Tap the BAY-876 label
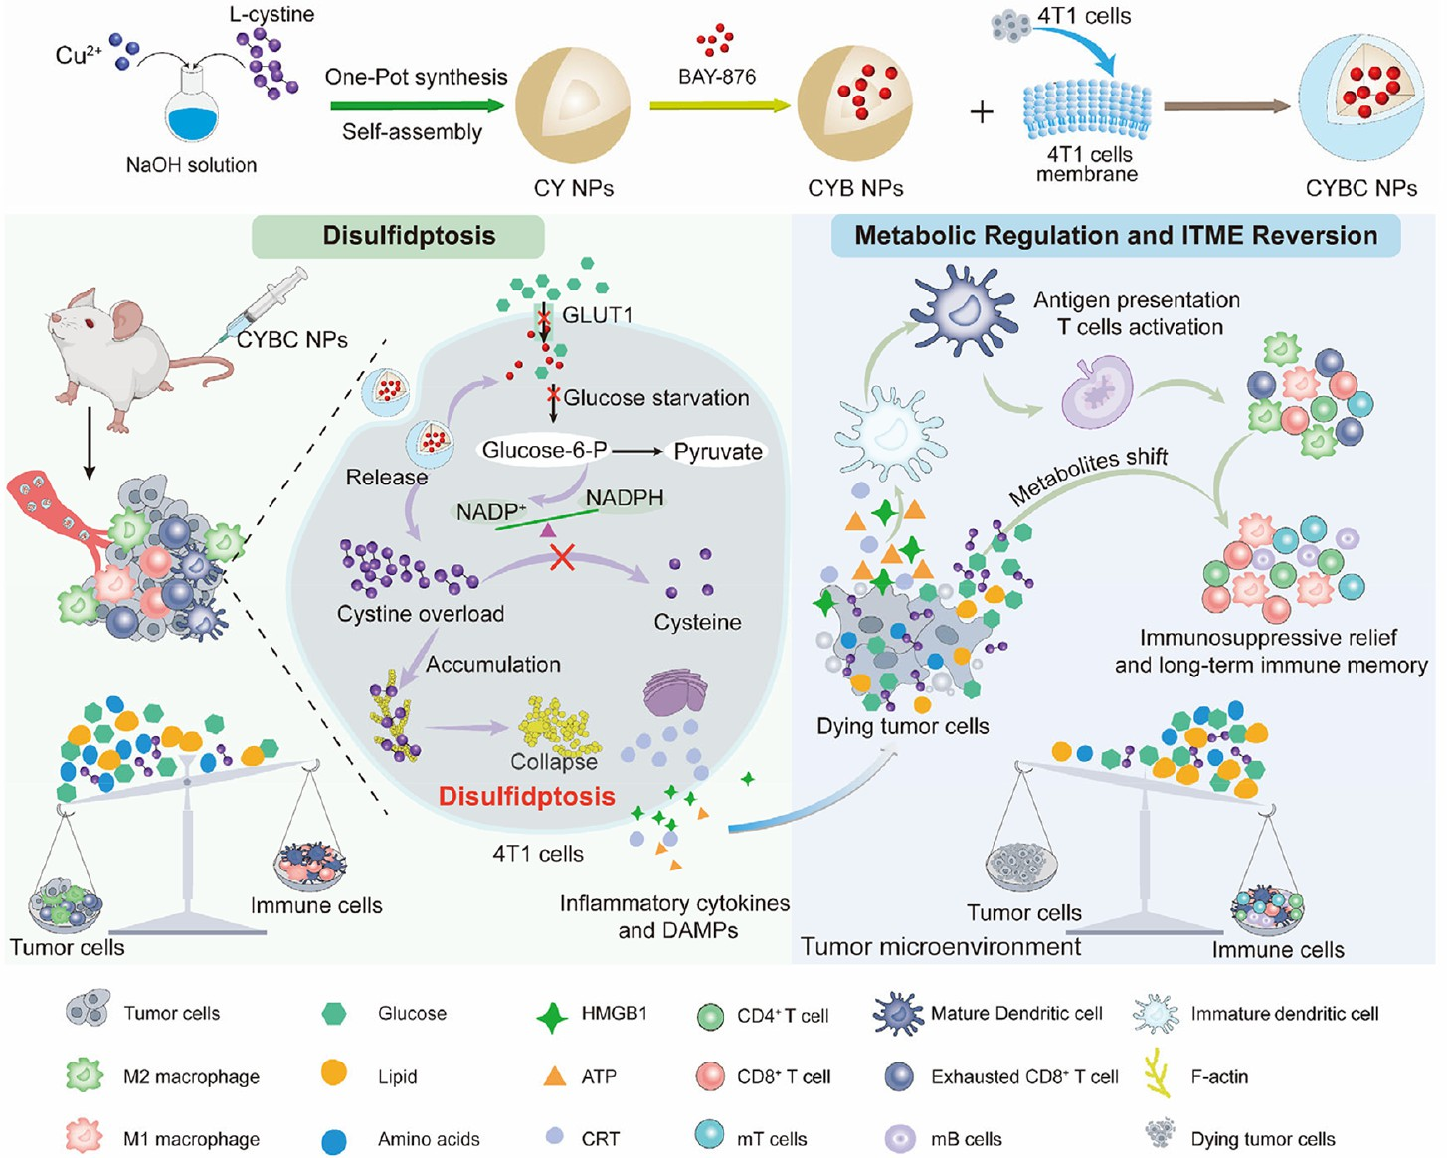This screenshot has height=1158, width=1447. click(x=717, y=76)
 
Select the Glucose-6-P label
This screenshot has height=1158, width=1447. click(x=544, y=450)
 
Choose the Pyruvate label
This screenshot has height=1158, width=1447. click(x=718, y=452)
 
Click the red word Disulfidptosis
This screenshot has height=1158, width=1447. click(x=527, y=796)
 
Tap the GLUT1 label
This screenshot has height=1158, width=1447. click(x=597, y=315)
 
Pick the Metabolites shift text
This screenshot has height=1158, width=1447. click(x=1088, y=476)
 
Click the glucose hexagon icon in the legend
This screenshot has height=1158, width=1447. click(x=334, y=1014)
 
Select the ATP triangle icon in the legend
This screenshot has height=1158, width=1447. click(x=554, y=1076)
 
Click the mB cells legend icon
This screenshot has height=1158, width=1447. click(x=900, y=1138)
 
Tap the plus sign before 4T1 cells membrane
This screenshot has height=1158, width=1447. click(x=982, y=111)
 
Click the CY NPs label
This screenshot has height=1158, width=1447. click(x=574, y=188)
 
